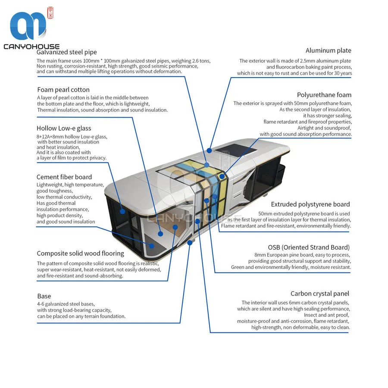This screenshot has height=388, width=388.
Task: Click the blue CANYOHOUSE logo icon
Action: (28, 25)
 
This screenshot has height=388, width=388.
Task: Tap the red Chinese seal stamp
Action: (50, 13)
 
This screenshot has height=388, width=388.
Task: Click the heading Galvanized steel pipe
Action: (66, 52)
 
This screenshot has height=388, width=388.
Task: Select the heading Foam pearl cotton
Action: (63, 90)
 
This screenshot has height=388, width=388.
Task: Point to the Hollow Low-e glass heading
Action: (64, 128)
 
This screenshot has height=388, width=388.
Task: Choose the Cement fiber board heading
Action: (64, 177)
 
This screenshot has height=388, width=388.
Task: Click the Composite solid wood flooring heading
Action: (81, 253)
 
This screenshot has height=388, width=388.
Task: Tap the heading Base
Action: (44, 296)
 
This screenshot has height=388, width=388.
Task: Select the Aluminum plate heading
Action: (329, 50)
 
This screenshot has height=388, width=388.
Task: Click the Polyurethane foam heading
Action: (324, 95)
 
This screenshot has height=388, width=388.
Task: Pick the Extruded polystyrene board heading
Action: (310, 204)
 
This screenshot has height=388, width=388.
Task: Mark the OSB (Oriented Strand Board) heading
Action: (309, 247)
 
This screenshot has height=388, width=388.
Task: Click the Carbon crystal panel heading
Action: (320, 294)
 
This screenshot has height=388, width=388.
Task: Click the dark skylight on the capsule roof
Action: (233, 150)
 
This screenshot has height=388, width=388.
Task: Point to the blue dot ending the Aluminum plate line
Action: (210, 150)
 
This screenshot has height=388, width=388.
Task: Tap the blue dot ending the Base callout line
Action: (190, 243)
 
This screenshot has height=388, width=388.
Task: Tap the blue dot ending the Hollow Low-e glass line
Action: (122, 212)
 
